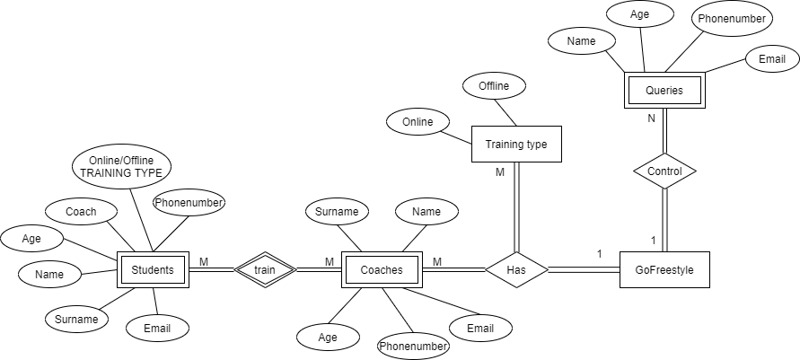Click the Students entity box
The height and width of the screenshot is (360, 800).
154,269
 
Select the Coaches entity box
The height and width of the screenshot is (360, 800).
382,269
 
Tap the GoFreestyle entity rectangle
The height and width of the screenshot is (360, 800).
664,269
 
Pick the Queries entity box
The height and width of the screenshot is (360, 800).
664,90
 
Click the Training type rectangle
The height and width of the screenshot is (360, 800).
516,144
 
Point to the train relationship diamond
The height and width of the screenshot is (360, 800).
264,269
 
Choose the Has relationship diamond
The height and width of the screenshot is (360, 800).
516,269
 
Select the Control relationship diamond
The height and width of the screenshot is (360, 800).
664,171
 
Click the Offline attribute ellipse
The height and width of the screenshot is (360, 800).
494,86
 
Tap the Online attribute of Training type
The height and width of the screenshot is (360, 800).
418,122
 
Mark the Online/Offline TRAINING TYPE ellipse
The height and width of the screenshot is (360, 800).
123,166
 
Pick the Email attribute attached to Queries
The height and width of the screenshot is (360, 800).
771,59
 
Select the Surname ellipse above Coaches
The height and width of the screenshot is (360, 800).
337,213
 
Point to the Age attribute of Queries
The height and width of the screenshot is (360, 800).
639,15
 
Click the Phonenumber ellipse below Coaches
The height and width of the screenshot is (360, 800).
413,346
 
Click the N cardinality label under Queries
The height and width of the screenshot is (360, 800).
652,118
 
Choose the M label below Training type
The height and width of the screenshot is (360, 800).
500,171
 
